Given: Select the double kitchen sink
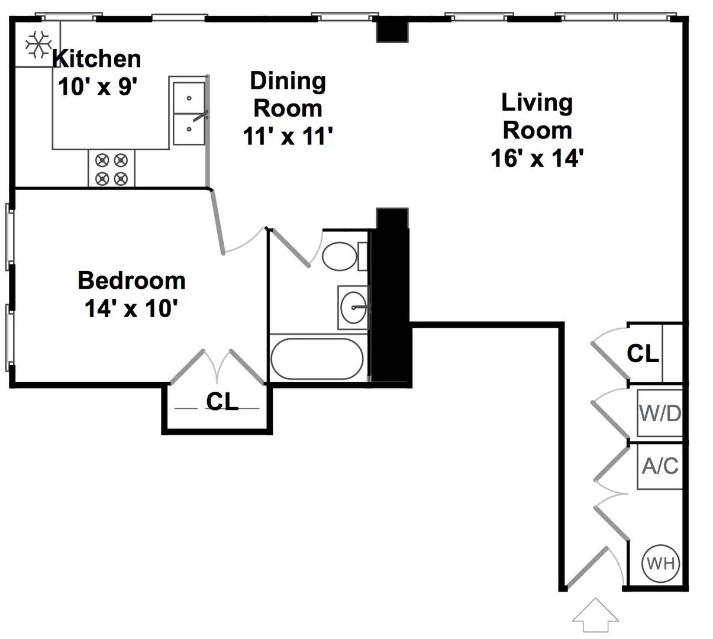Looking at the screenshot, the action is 189,113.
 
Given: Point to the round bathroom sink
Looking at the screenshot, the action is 353,308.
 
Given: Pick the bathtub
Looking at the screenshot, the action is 317,359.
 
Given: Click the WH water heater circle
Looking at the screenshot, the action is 660,564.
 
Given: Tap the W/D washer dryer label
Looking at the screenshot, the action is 660,414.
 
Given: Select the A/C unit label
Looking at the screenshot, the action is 660,466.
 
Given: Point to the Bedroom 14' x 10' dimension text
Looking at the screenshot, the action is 131,309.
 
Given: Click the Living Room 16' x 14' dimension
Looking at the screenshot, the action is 537,158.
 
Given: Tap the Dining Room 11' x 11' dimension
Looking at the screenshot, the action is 288,136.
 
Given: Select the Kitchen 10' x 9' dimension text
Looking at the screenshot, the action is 97,86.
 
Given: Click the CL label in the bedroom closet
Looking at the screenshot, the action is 222,401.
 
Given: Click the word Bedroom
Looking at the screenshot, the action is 131,280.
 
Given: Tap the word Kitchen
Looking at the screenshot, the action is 97,59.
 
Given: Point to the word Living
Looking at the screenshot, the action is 537,104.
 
